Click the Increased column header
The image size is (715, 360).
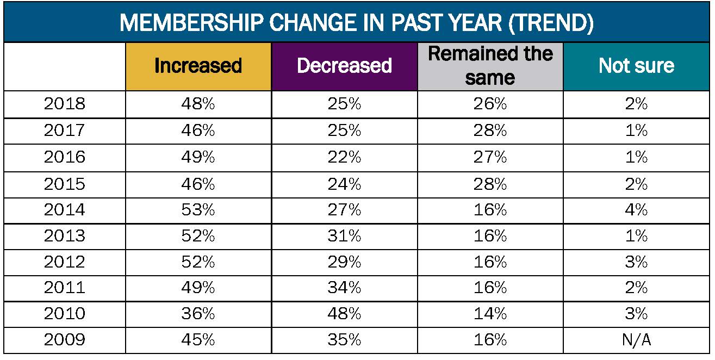[x=198, y=66]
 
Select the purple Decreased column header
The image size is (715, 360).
[x=344, y=66]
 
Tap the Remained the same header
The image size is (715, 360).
[x=490, y=66]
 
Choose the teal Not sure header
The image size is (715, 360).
[x=636, y=66]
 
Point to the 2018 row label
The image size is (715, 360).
[x=64, y=104]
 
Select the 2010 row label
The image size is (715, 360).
[x=64, y=314]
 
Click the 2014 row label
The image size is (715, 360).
[x=64, y=209]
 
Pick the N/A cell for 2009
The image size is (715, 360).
[x=636, y=340]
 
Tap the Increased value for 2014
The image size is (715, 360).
[x=198, y=209]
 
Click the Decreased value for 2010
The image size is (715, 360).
[x=344, y=314]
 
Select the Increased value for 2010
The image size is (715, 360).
[x=198, y=314]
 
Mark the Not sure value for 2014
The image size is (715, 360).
[x=636, y=209]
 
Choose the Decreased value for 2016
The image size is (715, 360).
[x=344, y=157]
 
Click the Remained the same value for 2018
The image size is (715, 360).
[x=490, y=104]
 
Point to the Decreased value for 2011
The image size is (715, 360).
[x=344, y=288]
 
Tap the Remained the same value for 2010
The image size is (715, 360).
[x=490, y=314]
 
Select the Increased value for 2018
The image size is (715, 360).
[x=198, y=104]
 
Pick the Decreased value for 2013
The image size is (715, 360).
[x=344, y=235]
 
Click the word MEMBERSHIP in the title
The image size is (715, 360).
[x=196, y=23]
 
